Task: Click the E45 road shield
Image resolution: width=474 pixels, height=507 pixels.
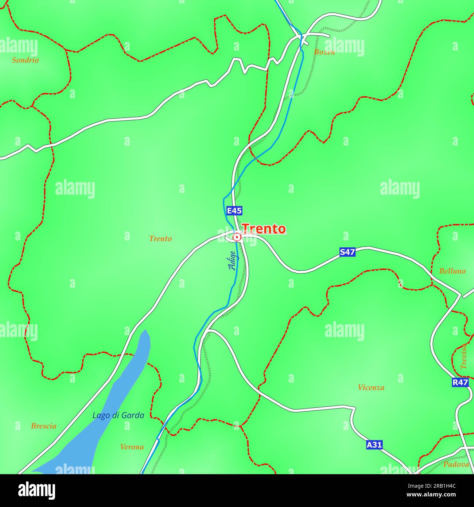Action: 234,211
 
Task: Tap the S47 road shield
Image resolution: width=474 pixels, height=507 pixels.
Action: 347,252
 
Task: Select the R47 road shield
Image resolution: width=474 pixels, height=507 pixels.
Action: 460,382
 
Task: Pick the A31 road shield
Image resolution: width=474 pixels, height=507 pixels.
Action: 374,445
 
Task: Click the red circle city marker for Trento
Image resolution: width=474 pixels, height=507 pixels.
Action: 237,237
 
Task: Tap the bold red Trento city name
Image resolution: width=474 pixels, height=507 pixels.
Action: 264,229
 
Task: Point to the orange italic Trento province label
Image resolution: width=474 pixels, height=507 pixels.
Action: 160,239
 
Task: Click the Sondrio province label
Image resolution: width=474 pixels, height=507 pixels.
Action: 25,60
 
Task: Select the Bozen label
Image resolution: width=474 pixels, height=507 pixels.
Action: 324,52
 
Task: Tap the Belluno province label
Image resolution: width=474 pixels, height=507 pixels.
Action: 452,271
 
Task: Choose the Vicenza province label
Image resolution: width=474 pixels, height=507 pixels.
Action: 371,388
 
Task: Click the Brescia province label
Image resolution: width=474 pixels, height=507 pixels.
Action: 43,426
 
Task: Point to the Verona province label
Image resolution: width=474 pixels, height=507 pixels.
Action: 132,447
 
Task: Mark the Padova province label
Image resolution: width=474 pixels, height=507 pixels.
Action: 456,464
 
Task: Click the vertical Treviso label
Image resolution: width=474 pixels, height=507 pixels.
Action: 463,356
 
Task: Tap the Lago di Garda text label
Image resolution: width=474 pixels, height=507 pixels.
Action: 118,415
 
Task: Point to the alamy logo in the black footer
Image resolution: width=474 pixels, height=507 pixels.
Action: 36,491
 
